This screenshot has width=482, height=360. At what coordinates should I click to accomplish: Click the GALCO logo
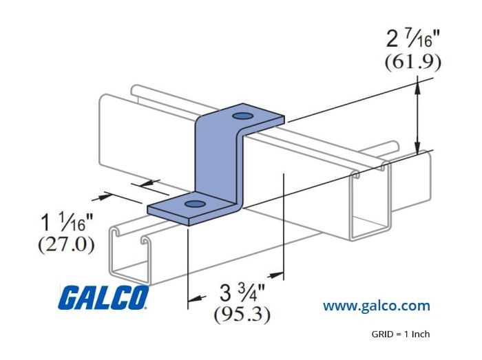[103, 297]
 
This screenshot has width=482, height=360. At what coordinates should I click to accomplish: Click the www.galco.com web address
[376, 306]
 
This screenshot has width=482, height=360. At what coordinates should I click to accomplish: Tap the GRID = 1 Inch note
[401, 334]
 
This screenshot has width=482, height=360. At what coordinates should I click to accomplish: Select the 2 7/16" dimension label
[413, 40]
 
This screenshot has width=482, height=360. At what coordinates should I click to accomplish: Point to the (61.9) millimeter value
[413, 63]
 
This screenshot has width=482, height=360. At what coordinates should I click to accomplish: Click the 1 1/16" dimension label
[67, 222]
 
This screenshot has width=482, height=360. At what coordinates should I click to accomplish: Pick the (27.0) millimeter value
[66, 245]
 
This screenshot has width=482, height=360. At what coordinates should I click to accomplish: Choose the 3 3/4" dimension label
[242, 293]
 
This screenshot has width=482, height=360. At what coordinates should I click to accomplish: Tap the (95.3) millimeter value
[242, 315]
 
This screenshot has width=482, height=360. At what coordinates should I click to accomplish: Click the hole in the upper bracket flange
[242, 116]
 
